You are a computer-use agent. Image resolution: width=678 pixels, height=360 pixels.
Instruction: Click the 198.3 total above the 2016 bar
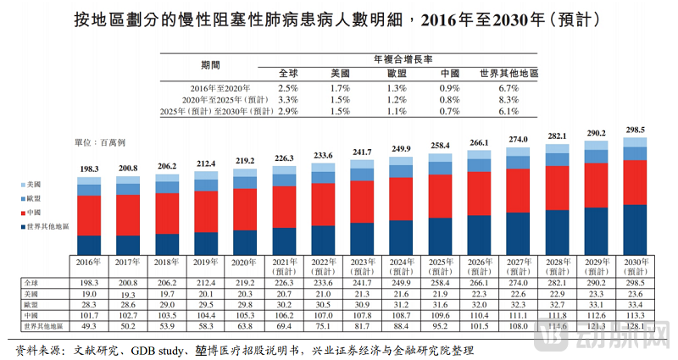88,169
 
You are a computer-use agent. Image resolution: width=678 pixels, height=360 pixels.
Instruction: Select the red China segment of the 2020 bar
245,208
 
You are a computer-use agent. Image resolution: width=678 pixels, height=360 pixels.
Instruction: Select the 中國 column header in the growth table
450,74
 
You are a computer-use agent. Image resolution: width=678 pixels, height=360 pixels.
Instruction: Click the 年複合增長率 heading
403,59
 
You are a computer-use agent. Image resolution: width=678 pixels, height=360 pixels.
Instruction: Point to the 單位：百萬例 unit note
106,146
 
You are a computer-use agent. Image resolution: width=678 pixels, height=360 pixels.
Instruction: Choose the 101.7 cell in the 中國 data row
88,314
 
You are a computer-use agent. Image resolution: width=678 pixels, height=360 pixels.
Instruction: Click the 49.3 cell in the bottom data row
88,325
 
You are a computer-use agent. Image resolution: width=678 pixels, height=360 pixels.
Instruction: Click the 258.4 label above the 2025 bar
441,146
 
